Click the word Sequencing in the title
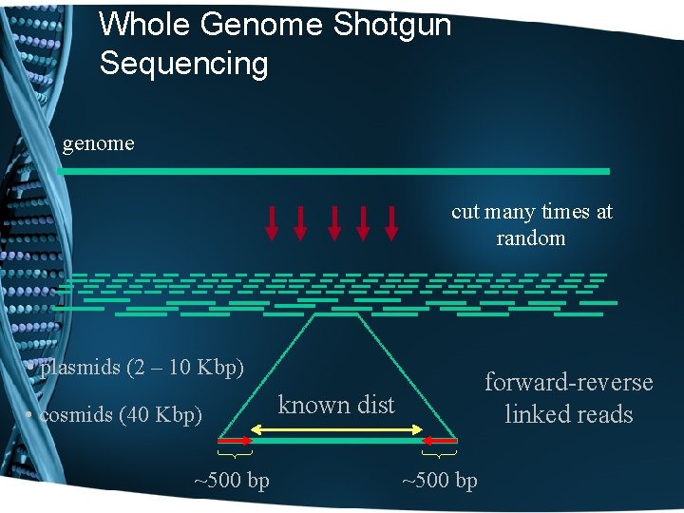[183, 64]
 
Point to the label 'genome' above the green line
[98, 143]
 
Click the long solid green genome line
[332, 171]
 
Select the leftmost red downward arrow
[272, 221]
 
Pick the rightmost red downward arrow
[391, 221]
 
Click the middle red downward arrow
[333, 221]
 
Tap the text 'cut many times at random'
[531, 224]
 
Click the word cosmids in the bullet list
[78, 415]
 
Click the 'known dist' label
[335, 405]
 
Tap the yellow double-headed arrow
[336, 432]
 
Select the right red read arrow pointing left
[439, 441]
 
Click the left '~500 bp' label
[231, 481]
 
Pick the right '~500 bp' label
[439, 481]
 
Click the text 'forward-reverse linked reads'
[568, 398]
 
